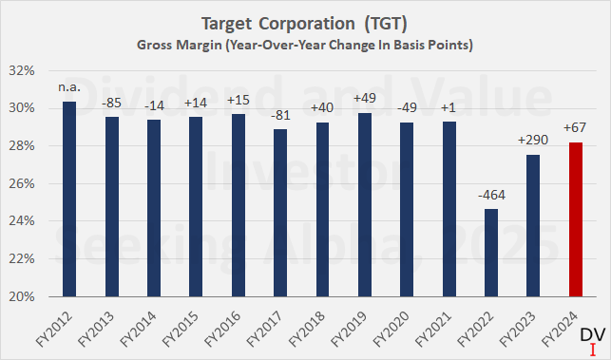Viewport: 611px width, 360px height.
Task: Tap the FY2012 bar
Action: pyautogui.click(x=68, y=199)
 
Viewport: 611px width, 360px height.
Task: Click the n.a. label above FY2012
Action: pyautogui.click(x=68, y=89)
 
